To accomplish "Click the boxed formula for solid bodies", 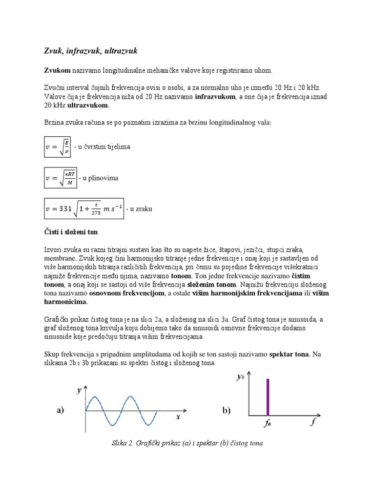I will [x=57, y=146].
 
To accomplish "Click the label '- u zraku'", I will [x=139, y=209].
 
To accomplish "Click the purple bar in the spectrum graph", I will [x=267, y=397].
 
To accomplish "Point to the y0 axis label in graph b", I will [x=240, y=377].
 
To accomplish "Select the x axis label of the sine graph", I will [x=178, y=417].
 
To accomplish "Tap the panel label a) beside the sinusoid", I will [x=60, y=411].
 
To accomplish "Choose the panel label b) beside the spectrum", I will [x=227, y=411].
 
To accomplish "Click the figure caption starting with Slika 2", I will [x=187, y=443].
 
